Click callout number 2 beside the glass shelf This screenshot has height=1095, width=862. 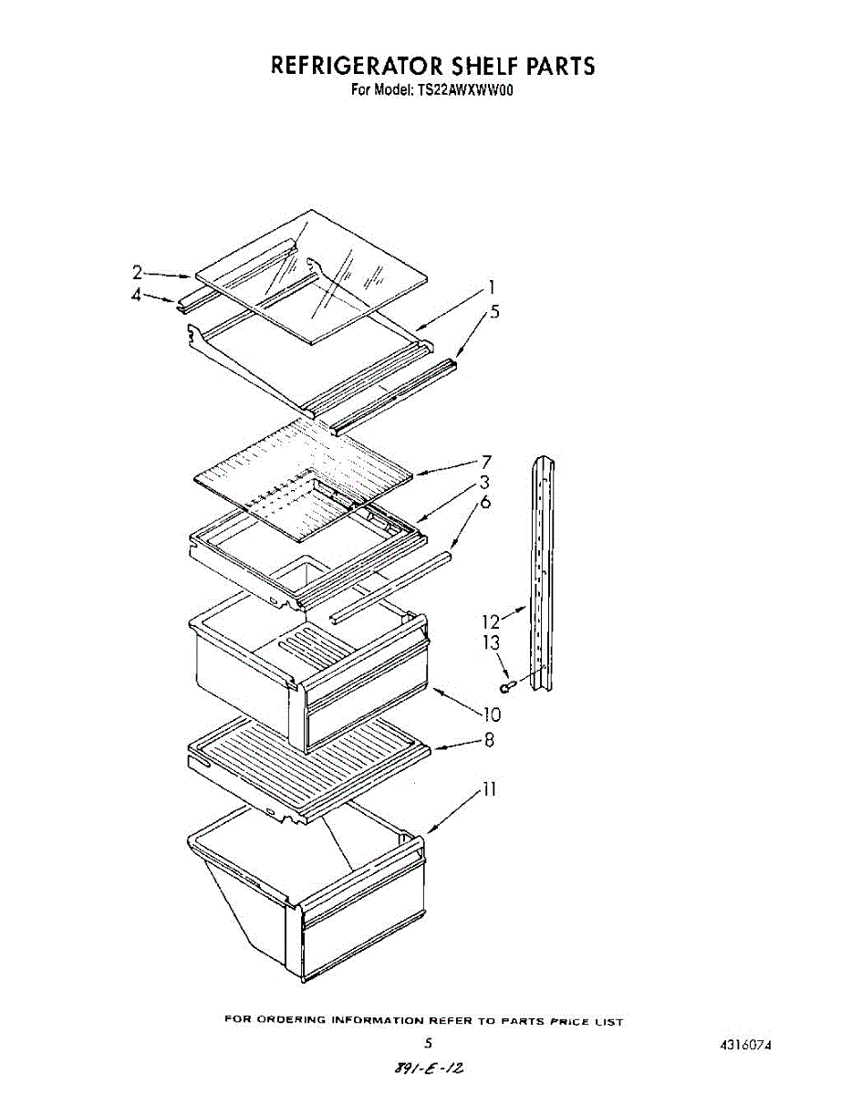[137, 272]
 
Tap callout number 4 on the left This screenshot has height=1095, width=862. [137, 296]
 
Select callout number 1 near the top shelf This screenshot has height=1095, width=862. [492, 286]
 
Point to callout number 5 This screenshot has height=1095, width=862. [494, 311]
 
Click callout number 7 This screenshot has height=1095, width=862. [487, 462]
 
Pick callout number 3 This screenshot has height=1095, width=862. [485, 482]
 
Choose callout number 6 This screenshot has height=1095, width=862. [486, 503]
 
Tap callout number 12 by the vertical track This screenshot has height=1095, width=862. [492, 621]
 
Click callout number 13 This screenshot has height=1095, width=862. [492, 643]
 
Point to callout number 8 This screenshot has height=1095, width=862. [489, 741]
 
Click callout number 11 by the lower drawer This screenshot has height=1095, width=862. [490, 789]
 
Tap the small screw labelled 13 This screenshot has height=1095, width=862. [507, 685]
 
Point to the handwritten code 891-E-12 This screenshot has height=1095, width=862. [435, 1067]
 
